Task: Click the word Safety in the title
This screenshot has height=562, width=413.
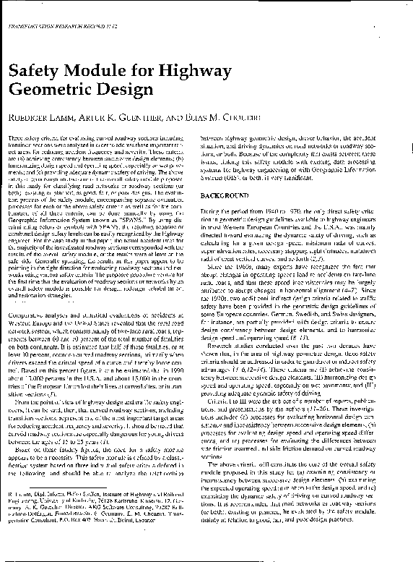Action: point(34,70)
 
